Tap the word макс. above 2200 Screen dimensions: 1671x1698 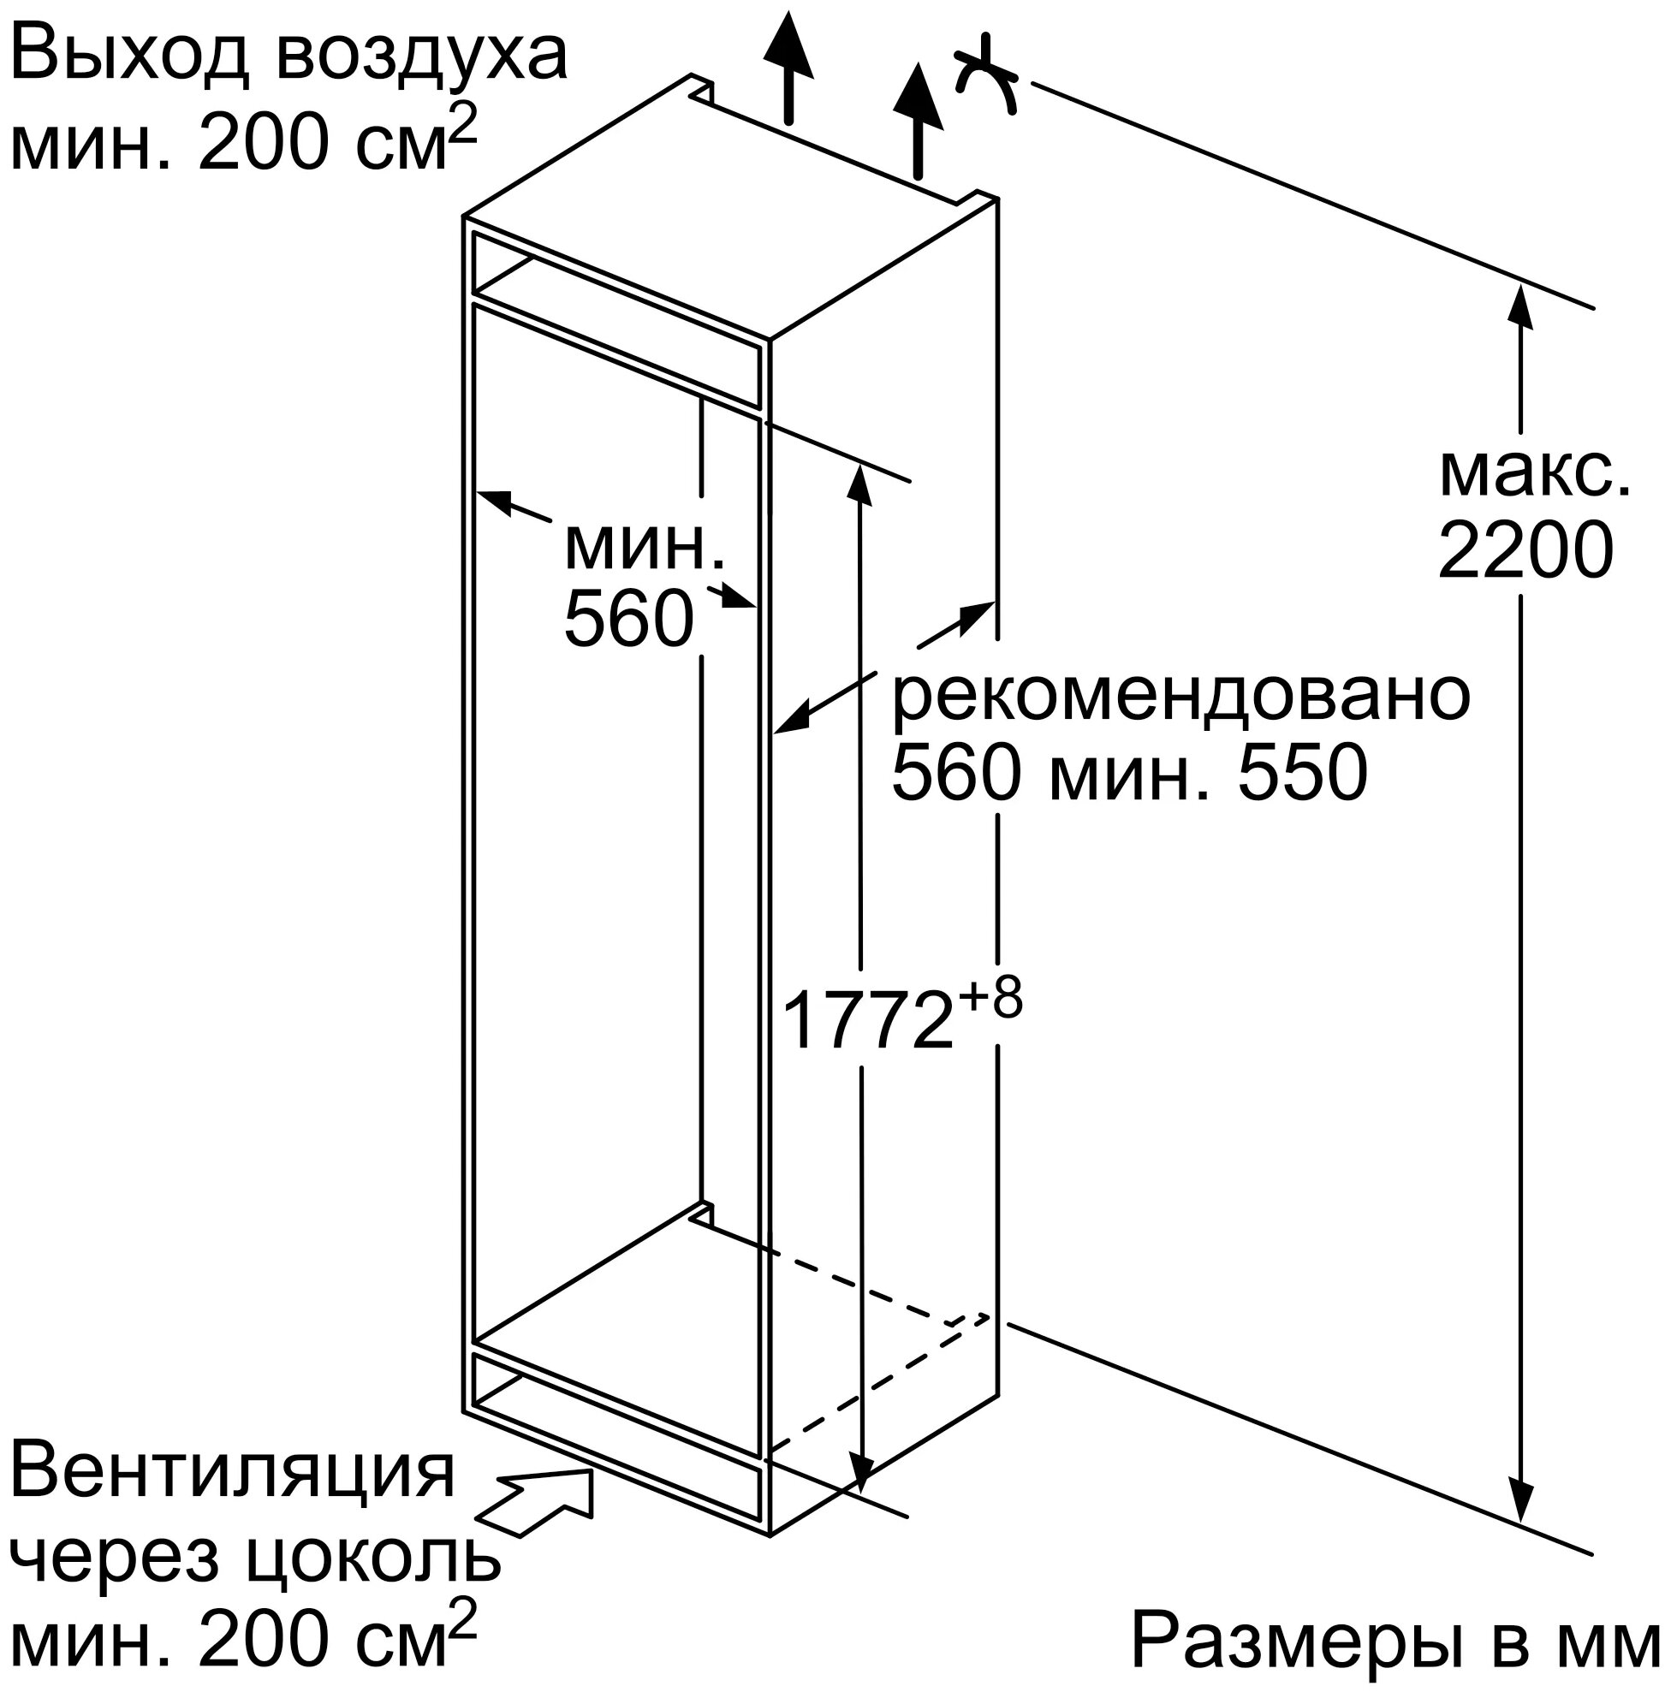(1535, 474)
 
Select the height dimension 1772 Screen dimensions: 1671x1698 (866, 1019)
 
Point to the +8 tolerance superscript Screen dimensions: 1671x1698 (989, 999)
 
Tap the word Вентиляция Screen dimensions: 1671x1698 (233, 1471)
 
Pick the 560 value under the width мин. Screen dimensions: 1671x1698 (628, 620)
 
